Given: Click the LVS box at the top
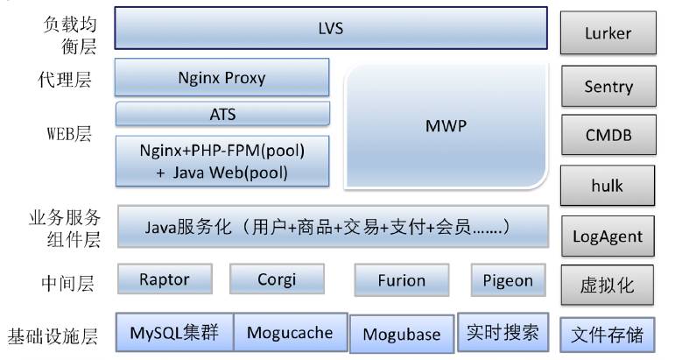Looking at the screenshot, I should [x=331, y=29].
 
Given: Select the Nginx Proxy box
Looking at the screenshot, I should [x=221, y=77].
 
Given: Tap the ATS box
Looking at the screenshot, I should [x=222, y=115].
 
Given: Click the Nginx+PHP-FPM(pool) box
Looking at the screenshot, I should [x=222, y=160].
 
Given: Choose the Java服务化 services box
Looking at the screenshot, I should [x=332, y=228].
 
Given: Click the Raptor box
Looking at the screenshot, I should [x=164, y=280].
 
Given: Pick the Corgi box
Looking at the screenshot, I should [x=276, y=280].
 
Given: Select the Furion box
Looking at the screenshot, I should [x=401, y=280].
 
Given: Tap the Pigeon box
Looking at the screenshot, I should [x=508, y=280].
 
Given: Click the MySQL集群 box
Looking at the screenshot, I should [x=174, y=332].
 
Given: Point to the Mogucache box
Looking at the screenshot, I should [x=289, y=332].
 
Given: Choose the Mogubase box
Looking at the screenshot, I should [x=401, y=334].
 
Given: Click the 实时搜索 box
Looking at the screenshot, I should [x=503, y=332].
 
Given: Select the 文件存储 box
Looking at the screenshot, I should [x=607, y=334].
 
